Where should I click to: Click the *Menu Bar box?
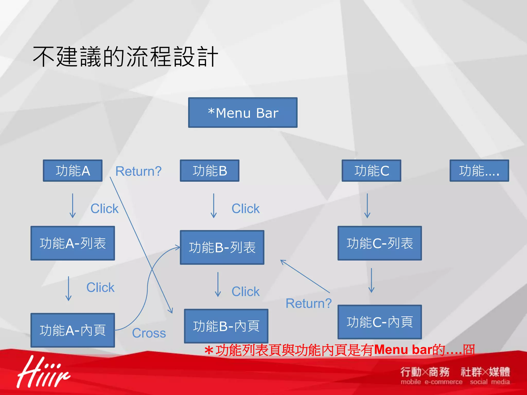tap(243, 112)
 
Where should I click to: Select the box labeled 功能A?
tap(73, 171)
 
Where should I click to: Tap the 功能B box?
tap(209, 171)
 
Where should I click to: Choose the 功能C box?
tap(371, 171)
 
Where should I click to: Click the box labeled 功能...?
tap(479, 171)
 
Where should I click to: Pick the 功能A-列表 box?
tap(73, 243)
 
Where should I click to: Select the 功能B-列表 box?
tap(222, 247)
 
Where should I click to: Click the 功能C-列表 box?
tap(380, 243)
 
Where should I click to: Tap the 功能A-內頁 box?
tap(73, 330)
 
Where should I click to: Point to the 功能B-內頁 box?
tap(226, 326)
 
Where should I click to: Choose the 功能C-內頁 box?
tap(380, 322)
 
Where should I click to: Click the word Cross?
tap(149, 333)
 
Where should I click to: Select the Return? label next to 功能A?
tap(138, 171)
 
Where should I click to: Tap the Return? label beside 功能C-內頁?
tap(309, 303)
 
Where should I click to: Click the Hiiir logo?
tap(43, 372)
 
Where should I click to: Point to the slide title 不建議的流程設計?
tap(126, 57)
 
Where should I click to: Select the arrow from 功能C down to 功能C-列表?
tap(367, 206)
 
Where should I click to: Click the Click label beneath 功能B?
tap(245, 209)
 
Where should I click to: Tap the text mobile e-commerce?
tap(431, 382)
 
